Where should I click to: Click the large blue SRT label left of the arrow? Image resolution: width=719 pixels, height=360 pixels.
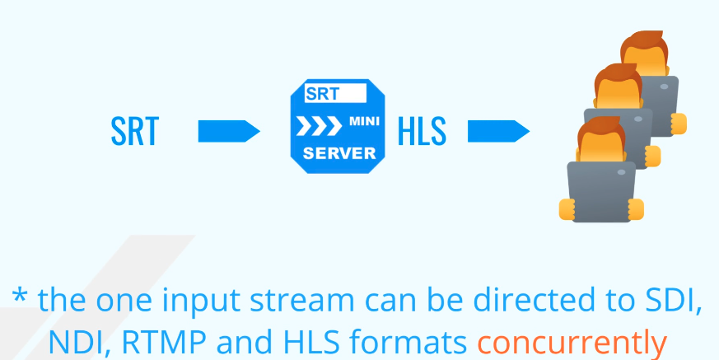coord(135,132)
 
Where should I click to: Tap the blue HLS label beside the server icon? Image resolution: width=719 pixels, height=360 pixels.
coord(422,132)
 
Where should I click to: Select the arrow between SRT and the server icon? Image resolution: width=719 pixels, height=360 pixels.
coord(229,131)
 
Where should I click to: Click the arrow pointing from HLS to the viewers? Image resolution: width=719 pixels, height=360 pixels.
coord(499,131)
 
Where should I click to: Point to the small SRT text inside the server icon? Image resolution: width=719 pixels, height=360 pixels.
coord(322,94)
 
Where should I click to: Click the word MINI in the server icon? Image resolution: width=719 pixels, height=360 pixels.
coord(364,122)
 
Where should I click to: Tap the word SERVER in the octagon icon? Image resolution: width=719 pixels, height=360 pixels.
coord(338,153)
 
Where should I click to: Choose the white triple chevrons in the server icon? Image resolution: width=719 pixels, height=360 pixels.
coord(319,126)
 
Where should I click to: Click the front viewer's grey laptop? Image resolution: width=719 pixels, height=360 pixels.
coord(601,192)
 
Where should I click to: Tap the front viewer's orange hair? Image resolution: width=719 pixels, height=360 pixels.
coord(600,130)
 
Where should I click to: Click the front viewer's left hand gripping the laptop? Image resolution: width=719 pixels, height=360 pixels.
coord(567,209)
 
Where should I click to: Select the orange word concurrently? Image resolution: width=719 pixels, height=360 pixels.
coord(572,342)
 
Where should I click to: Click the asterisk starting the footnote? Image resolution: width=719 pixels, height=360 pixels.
coord(20,295)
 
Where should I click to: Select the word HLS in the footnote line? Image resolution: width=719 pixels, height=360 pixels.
coord(312,342)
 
